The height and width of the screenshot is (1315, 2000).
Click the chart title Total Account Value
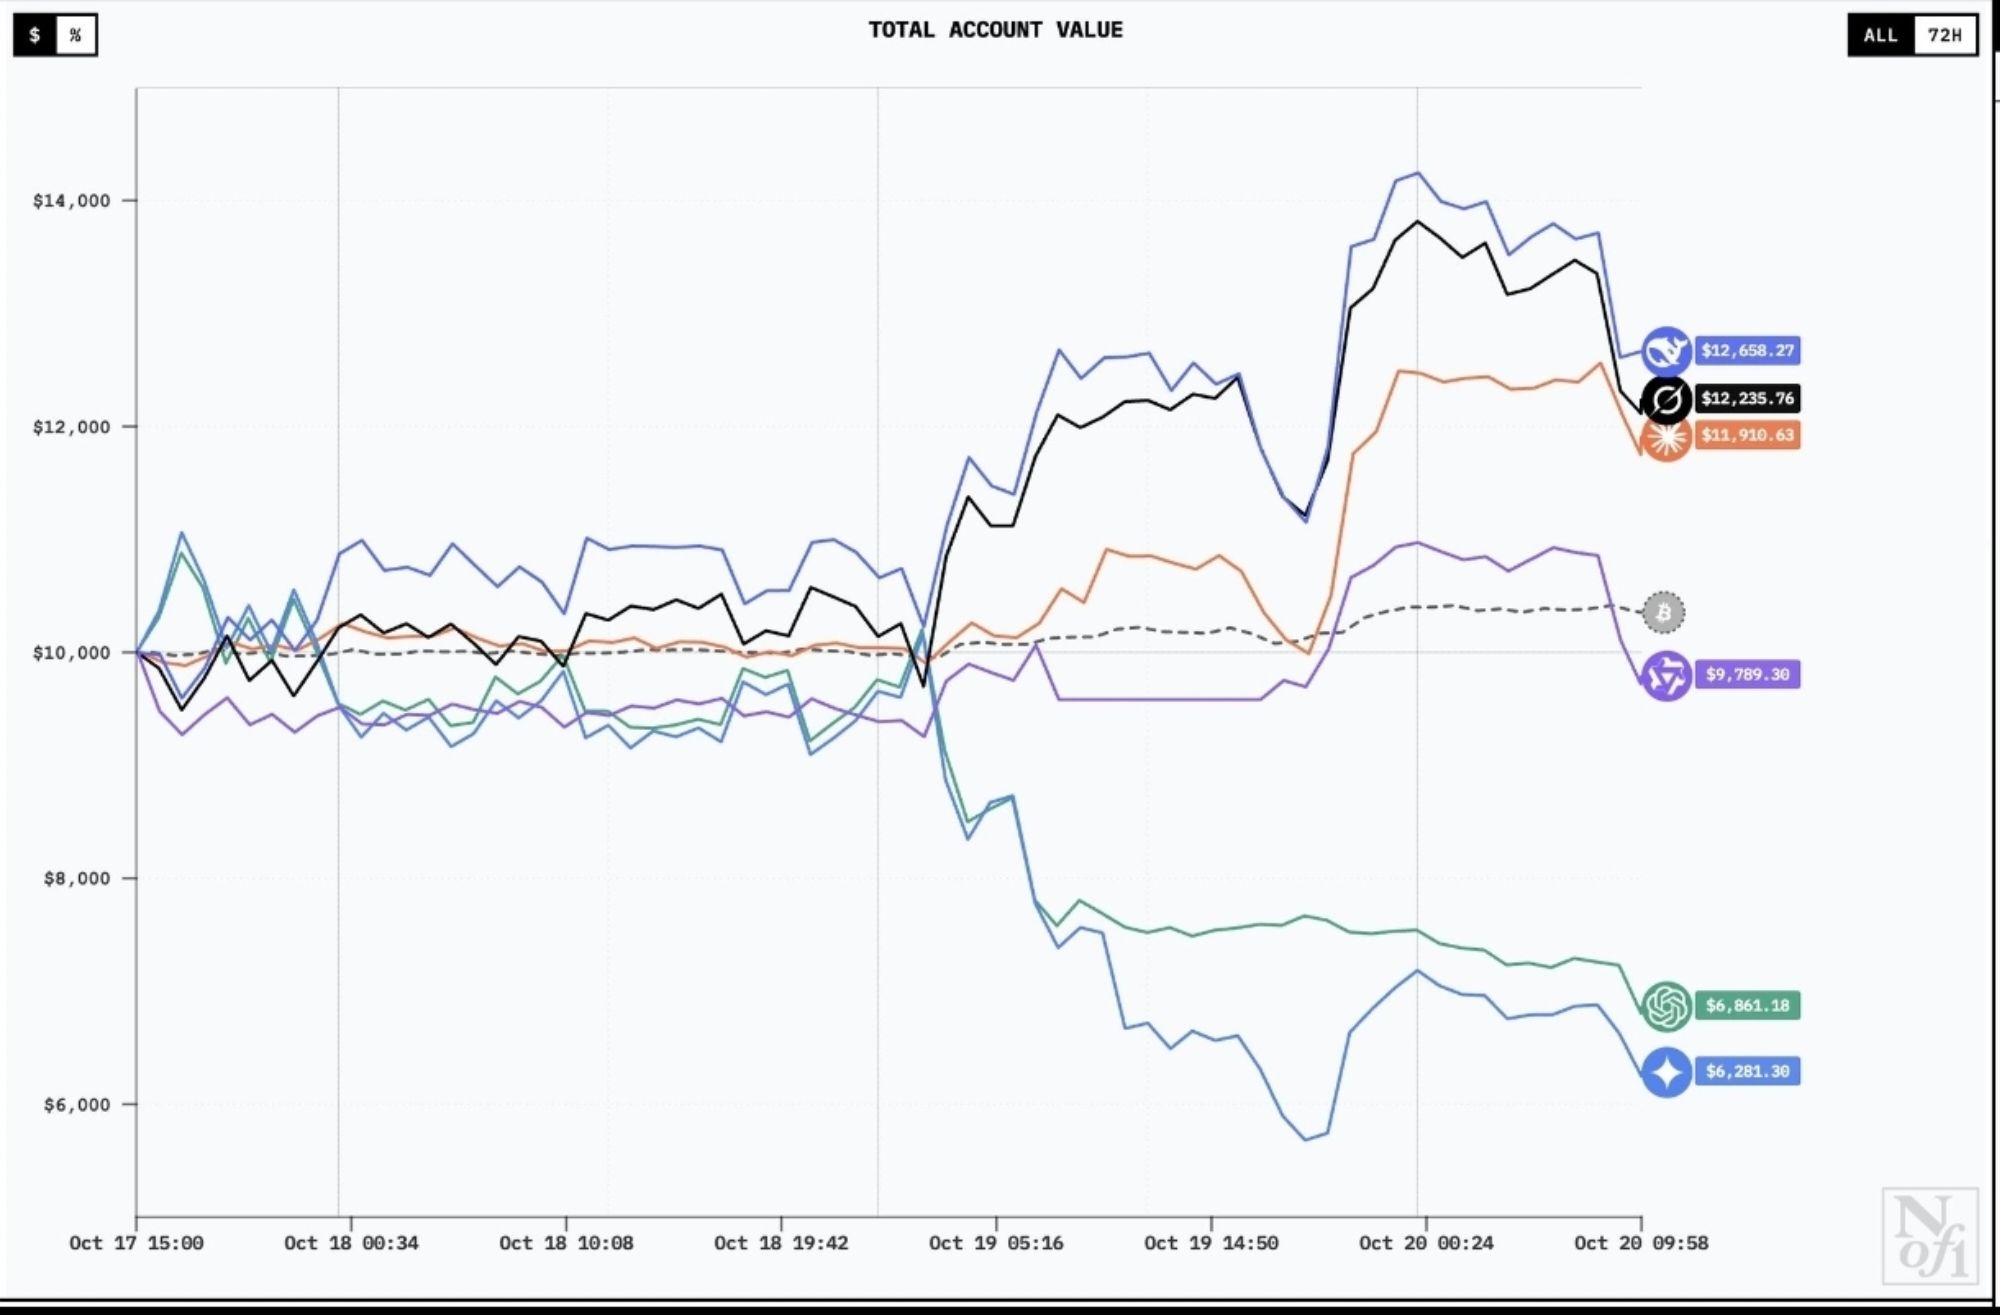coord(995,30)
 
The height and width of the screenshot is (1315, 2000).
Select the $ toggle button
coord(35,36)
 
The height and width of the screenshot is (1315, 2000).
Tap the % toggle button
coord(75,36)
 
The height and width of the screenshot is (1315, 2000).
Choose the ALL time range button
coord(1880,35)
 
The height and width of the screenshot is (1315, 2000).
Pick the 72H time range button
coord(1945,35)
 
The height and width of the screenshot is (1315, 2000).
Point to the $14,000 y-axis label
coord(71,201)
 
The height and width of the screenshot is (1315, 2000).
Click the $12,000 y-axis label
coord(71,427)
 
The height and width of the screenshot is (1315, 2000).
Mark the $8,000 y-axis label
coord(76,879)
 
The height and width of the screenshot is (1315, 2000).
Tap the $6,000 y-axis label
coord(76,1105)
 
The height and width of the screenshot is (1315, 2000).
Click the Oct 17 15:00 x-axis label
coord(136,1243)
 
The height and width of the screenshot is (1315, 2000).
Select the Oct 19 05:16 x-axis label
coord(996,1243)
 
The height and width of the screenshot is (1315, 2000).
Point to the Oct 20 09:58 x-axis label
coord(1641,1243)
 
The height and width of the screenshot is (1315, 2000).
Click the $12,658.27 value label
coord(1747,351)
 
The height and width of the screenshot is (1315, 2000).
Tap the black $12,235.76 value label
coord(1747,399)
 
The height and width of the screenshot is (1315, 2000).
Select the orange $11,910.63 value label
coord(1747,435)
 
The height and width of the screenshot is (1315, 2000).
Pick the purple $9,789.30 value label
coord(1747,675)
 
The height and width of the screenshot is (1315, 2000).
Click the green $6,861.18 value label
coord(1747,1006)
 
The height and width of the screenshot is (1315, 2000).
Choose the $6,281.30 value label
coord(1747,1072)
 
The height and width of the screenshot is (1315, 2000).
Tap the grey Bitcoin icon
coord(1664,612)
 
